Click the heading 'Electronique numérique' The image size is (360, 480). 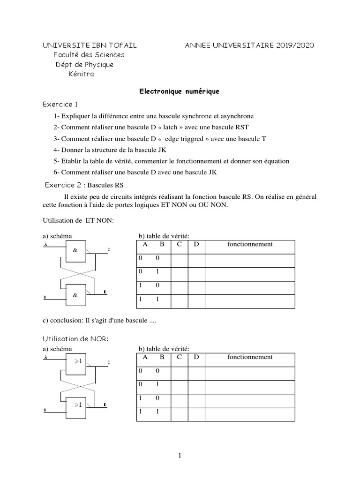click(180, 92)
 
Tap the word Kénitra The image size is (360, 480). click(84, 74)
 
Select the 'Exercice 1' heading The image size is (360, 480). click(60, 104)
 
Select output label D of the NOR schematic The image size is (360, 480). click(105, 404)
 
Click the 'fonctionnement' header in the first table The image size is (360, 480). click(249, 245)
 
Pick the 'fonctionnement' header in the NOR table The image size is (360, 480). click(249, 357)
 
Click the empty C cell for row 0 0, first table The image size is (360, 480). click(179, 261)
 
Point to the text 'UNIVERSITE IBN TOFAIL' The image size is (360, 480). click(90, 45)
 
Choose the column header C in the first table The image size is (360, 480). click(179, 245)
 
